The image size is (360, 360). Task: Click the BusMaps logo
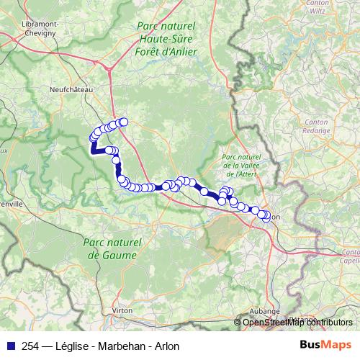tap(325, 345)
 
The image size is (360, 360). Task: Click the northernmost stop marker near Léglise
tap(123, 122)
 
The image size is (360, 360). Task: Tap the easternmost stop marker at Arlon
tap(268, 216)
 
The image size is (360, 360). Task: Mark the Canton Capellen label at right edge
tap(351, 256)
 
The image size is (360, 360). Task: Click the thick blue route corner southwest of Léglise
tap(93, 150)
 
